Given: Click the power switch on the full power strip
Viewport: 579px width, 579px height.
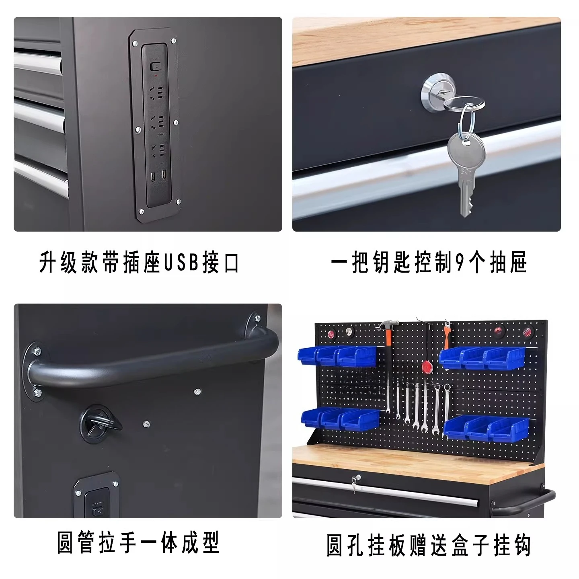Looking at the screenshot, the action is click(155, 66).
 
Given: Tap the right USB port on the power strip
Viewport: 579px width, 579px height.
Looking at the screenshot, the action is click(164, 174).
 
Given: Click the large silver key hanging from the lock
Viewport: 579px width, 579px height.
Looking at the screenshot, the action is click(466, 174).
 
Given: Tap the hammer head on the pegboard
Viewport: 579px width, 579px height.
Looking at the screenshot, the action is click(388, 325).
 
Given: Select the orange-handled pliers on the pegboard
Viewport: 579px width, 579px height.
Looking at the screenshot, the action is click(448, 335).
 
